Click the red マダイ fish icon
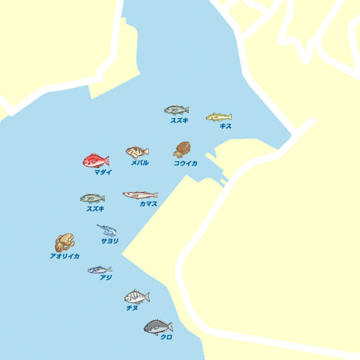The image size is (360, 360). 96,160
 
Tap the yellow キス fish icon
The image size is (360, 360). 219,117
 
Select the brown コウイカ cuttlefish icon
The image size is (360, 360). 183,150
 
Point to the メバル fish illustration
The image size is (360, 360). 137,152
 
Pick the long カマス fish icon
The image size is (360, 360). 140,195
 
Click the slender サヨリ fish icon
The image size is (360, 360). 106,230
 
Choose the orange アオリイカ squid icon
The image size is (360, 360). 64,243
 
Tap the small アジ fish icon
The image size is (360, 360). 99,270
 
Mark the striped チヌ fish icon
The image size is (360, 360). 136,296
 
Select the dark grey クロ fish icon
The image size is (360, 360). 158,327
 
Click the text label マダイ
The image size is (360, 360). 103,172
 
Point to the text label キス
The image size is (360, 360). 225,126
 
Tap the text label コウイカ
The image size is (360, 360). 186,163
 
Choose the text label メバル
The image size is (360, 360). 140,162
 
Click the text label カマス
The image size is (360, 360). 148,204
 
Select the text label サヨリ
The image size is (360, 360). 110,241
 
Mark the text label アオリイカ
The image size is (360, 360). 64,256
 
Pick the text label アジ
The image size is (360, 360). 105,277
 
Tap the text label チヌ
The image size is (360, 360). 132,308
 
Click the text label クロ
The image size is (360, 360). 166,337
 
